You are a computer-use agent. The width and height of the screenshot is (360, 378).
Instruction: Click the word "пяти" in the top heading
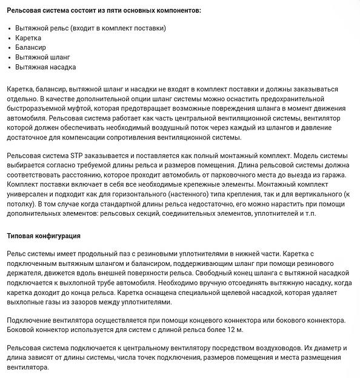129,11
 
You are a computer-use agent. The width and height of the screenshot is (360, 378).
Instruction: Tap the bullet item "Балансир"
31,47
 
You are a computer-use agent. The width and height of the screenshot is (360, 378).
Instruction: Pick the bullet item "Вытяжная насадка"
46,67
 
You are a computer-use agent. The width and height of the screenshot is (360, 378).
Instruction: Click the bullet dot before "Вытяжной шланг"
9,57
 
